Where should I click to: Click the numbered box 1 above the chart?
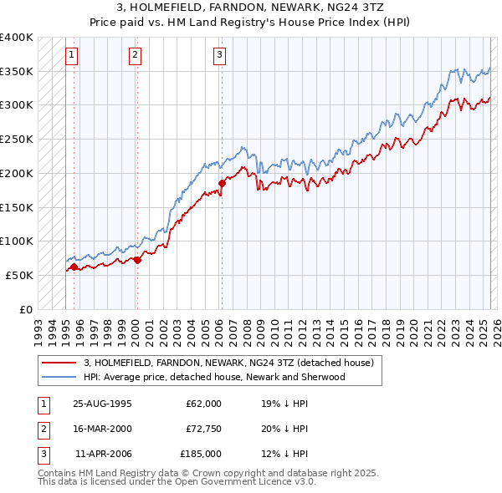tap(72, 56)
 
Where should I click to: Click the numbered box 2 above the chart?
tap(135, 56)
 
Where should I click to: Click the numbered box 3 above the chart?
tap(219, 56)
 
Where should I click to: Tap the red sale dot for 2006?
tap(222, 183)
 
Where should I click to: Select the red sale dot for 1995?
tap(74, 267)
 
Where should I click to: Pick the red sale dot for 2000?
tap(137, 259)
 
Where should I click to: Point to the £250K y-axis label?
tap(17, 139)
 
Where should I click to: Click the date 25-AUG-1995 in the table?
tap(103, 404)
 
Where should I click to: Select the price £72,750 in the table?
tap(203, 429)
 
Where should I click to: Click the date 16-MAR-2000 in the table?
tap(103, 429)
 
